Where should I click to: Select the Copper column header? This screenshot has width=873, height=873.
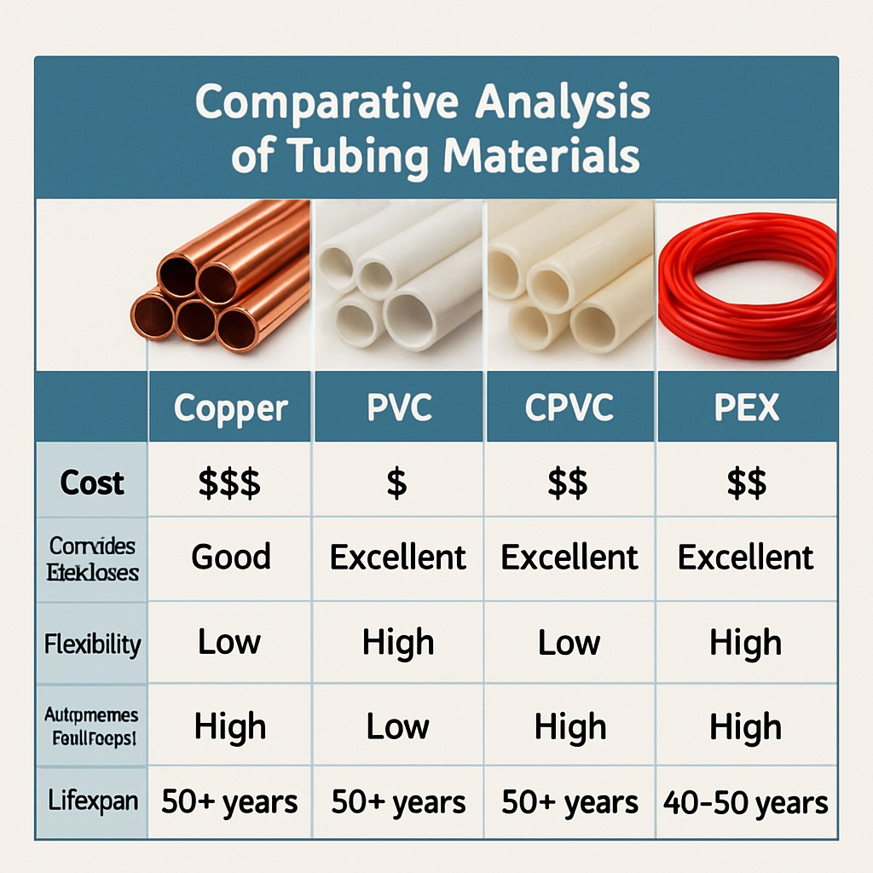click(x=230, y=408)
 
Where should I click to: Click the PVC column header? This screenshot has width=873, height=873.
click(x=398, y=408)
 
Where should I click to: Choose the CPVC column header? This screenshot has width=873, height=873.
click(x=569, y=408)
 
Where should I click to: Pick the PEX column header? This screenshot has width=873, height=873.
click(x=746, y=408)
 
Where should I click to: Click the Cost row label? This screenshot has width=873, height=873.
click(x=92, y=483)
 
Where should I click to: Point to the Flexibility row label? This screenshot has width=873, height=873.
click(x=92, y=644)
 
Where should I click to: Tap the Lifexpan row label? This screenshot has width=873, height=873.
click(x=92, y=802)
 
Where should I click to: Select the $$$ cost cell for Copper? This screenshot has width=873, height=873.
click(x=229, y=483)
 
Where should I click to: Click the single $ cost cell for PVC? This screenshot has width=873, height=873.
click(x=396, y=483)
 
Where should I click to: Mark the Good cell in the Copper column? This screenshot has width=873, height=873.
click(x=230, y=557)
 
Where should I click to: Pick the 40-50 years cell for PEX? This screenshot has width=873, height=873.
click(x=746, y=803)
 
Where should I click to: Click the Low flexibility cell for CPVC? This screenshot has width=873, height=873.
click(x=569, y=643)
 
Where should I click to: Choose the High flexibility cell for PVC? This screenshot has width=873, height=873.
click(x=398, y=643)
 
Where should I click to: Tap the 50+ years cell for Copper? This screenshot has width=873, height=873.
click(x=230, y=802)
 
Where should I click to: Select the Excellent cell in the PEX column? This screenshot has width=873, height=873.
click(x=746, y=558)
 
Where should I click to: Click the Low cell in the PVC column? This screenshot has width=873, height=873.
click(x=398, y=727)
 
